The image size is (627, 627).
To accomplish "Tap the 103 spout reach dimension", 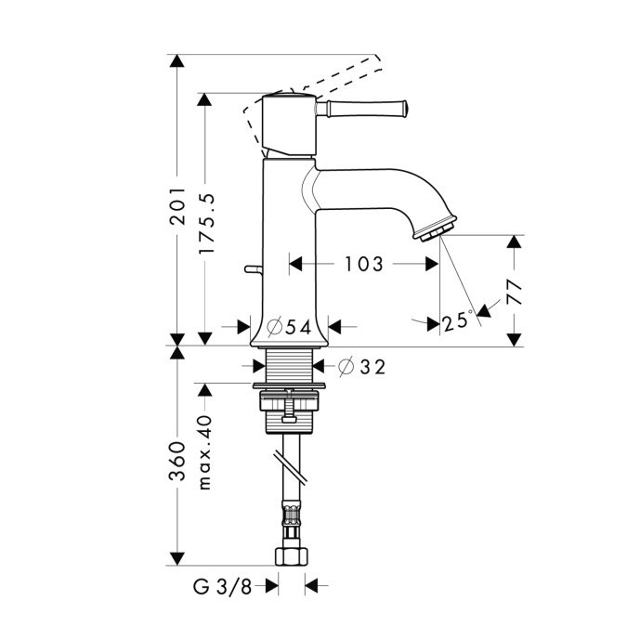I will [362, 265].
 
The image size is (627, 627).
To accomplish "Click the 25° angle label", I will [457, 322].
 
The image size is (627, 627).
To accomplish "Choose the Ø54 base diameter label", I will [288, 326].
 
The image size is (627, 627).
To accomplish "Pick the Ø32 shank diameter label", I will [362, 367].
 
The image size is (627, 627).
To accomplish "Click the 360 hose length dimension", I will [179, 462].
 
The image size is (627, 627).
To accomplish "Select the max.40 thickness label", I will [207, 452].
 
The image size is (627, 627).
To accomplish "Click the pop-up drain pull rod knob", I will [248, 269].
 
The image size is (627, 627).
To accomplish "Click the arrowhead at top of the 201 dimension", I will [179, 62].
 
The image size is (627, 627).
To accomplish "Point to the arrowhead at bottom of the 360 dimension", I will [179, 559].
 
